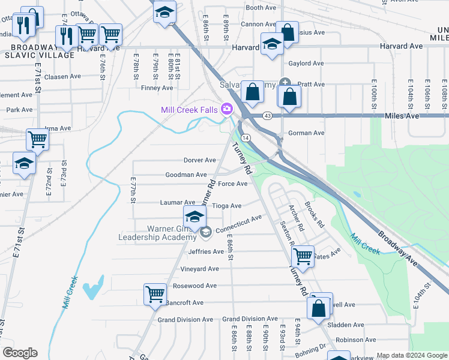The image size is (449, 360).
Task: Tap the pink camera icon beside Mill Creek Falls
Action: click(x=226, y=109)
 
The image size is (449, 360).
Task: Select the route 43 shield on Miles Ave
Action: click(x=267, y=115)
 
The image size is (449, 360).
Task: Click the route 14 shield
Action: click(x=247, y=137)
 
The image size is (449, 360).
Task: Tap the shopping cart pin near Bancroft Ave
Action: click(x=155, y=295)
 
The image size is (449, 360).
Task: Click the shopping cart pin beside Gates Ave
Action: click(x=303, y=256)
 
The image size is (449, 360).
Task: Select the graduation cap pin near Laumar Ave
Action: click(x=194, y=216)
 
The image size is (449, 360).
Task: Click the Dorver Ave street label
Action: click(x=199, y=160)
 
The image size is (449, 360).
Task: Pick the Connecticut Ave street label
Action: click(x=238, y=224)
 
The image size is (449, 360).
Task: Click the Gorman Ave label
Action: click(x=307, y=133)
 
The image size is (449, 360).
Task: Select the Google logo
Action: click(x=19, y=353)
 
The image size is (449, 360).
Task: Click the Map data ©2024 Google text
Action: click(x=411, y=355)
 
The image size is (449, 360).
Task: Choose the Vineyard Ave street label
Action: click(x=200, y=269)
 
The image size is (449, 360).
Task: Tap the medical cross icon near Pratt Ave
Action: click(x=286, y=83)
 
